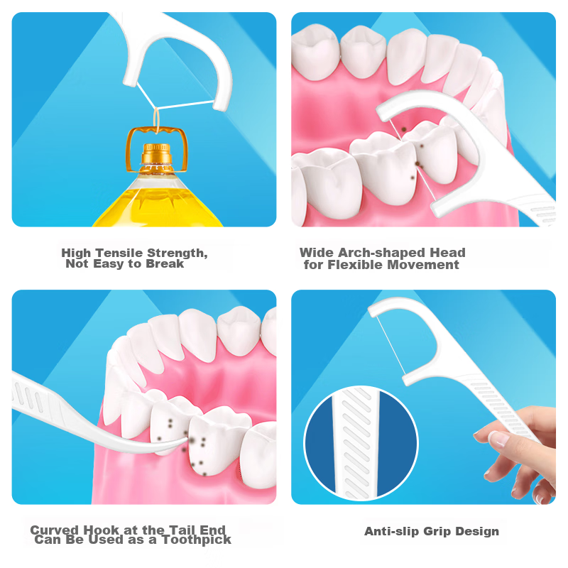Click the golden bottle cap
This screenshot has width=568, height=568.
[156, 154]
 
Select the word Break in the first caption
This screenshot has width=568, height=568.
[165, 263]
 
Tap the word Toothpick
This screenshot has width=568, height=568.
[197, 540]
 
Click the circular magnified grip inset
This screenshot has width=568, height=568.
[361, 442]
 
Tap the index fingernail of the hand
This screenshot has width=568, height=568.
[498, 439]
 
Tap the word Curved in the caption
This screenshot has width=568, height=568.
[55, 530]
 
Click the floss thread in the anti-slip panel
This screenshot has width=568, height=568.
[391, 346]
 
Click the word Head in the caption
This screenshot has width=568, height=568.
[447, 253]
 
